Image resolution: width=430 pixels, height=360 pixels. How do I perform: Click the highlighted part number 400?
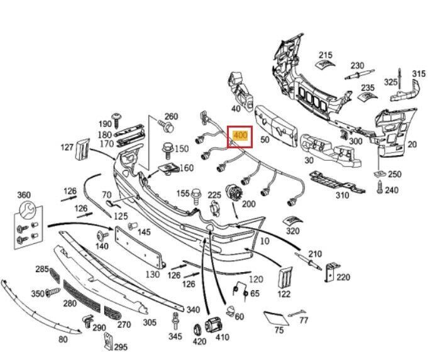pos(240,135)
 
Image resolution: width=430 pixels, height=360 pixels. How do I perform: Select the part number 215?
pos(325,55)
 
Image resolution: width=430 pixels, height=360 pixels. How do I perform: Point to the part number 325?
pos(390,82)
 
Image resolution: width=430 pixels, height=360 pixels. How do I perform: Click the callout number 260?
pos(171,116)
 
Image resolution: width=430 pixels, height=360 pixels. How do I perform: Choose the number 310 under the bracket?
pos(342,195)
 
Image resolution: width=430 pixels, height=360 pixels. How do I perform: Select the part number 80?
pos(62,339)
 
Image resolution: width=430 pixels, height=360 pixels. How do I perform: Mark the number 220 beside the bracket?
pos(343,276)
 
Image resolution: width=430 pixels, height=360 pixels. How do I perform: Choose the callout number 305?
pos(150,322)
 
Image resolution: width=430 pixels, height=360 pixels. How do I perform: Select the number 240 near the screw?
pos(392,190)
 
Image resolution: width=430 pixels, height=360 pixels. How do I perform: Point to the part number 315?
pos(419,74)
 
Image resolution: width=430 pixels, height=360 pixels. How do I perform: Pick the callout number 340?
pos(193,309)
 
